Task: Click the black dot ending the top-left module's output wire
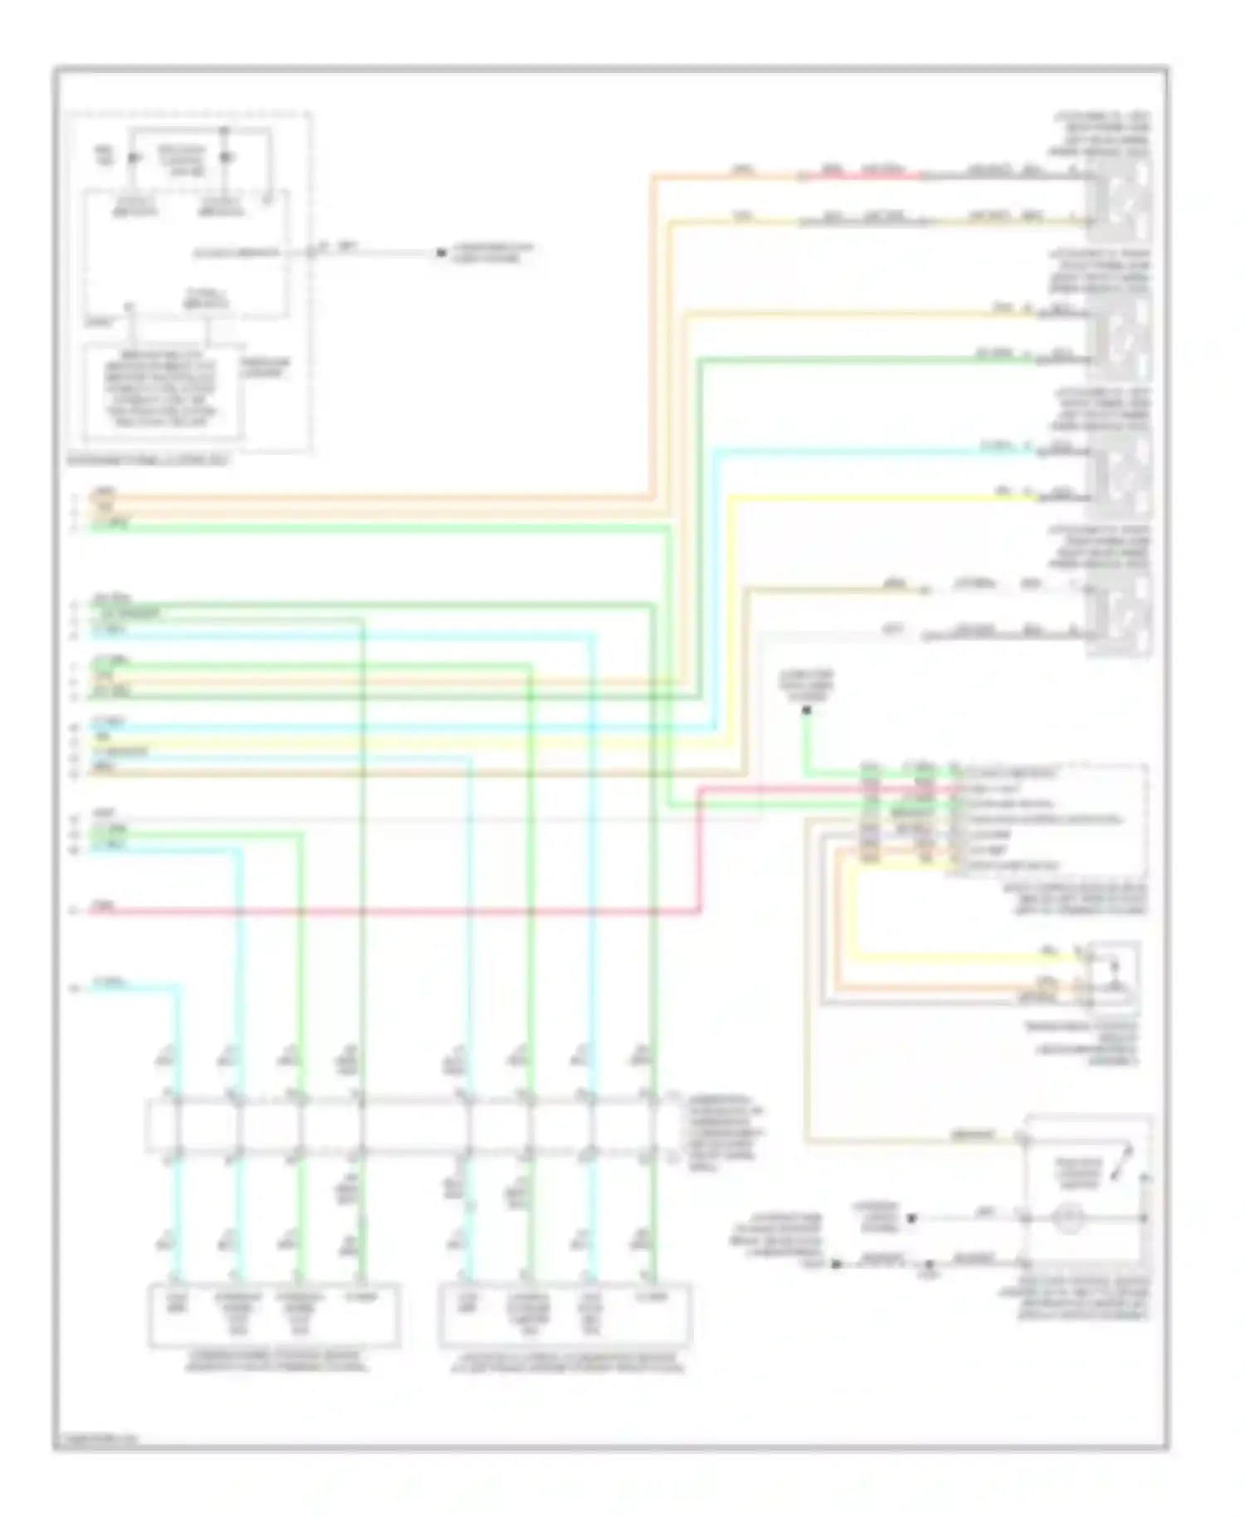442,252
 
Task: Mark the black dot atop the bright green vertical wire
806,710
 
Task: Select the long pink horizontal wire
398,912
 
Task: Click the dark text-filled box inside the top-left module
164,390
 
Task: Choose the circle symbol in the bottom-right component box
1068,1219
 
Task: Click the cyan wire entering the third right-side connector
871,452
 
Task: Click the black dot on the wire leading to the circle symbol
911,1218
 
